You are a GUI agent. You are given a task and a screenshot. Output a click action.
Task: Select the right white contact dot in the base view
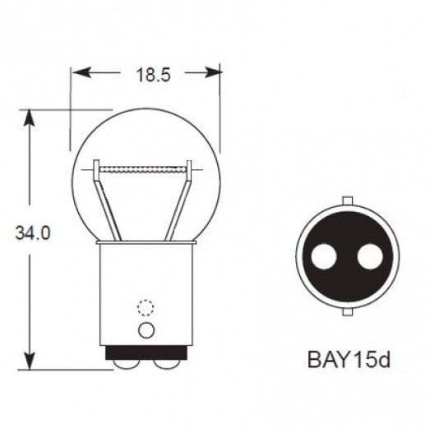[x=370, y=257]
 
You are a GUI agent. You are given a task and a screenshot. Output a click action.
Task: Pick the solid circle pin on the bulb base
[x=146, y=330]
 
